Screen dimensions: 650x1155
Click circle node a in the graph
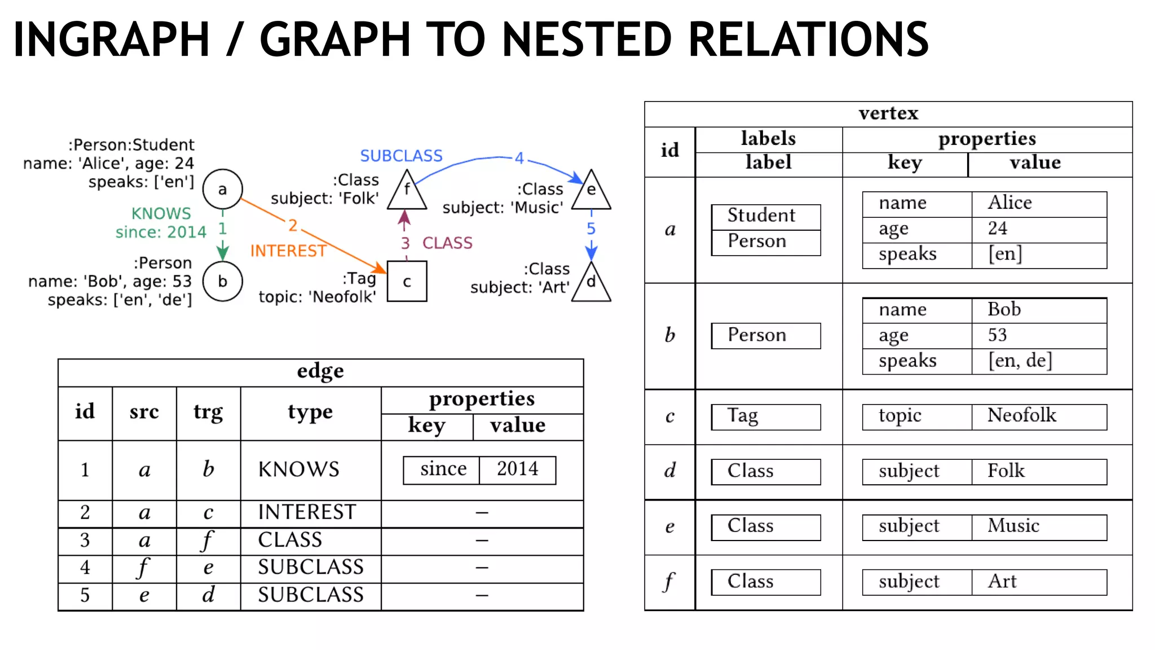pyautogui.click(x=222, y=189)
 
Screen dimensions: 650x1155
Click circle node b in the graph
pyautogui.click(x=222, y=281)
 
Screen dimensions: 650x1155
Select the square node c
pyautogui.click(x=407, y=282)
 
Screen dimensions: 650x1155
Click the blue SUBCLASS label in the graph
pyautogui.click(x=401, y=156)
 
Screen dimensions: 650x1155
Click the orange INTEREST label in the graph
pyautogui.click(x=288, y=251)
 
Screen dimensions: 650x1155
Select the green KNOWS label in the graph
pyautogui.click(x=161, y=213)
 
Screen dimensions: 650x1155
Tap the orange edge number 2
pyautogui.click(x=293, y=225)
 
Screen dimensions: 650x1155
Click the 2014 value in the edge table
pyautogui.click(x=517, y=469)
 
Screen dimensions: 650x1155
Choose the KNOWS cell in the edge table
pyautogui.click(x=299, y=469)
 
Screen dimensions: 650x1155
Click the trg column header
pyautogui.click(x=208, y=412)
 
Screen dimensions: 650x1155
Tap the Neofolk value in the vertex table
pyautogui.click(x=1021, y=416)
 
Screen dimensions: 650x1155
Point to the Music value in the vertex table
pyautogui.click(x=1013, y=526)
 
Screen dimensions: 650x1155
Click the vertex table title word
pyautogui.click(x=888, y=113)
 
